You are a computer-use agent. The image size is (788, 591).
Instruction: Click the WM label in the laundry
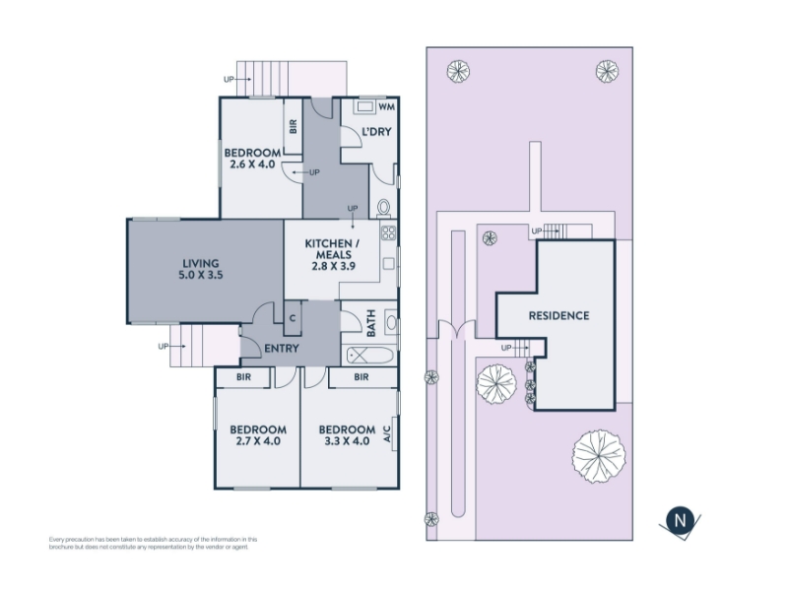(x=386, y=106)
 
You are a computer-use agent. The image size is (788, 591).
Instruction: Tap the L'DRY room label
(x=376, y=132)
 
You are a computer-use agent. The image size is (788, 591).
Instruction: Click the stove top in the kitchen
(x=388, y=232)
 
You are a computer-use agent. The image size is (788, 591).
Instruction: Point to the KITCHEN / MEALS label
(x=332, y=249)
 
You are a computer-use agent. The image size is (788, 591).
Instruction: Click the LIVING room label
(x=201, y=263)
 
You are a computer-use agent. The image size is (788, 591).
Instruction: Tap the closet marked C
(x=293, y=318)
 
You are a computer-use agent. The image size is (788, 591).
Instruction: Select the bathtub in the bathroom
(x=370, y=356)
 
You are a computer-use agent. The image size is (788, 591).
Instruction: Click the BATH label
(x=371, y=323)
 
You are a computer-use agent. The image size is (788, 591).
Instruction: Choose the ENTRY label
(x=282, y=349)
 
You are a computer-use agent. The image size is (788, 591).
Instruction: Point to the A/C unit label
(x=387, y=433)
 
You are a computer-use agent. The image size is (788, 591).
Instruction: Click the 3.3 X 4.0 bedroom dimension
(x=347, y=441)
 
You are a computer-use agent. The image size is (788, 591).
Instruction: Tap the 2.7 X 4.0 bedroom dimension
(x=258, y=441)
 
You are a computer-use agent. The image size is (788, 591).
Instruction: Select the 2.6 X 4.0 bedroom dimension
(x=252, y=164)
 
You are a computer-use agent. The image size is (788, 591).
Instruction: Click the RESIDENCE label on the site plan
(x=558, y=315)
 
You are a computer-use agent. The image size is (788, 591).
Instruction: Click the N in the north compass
(x=680, y=520)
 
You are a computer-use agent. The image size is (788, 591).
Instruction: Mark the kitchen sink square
(x=388, y=263)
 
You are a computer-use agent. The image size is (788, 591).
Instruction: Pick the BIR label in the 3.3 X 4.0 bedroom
(x=361, y=377)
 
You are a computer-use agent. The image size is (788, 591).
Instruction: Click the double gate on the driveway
(x=457, y=329)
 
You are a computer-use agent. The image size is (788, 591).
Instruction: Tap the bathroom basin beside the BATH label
(x=391, y=323)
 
